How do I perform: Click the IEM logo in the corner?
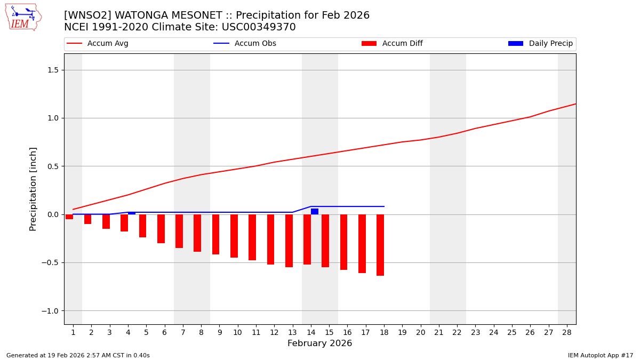(23, 17)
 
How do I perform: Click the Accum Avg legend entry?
(107, 44)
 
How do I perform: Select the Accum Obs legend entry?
(255, 44)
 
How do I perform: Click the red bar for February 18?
(380, 245)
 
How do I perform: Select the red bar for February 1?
(69, 217)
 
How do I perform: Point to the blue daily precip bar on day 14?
(315, 211)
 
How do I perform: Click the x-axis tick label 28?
(566, 332)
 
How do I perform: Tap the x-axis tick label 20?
(420, 332)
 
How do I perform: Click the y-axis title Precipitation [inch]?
(33, 189)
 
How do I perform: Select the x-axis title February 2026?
(319, 343)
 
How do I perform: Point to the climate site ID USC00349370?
(259, 27)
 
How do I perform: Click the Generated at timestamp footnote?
(78, 355)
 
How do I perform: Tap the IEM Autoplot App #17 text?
(600, 355)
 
